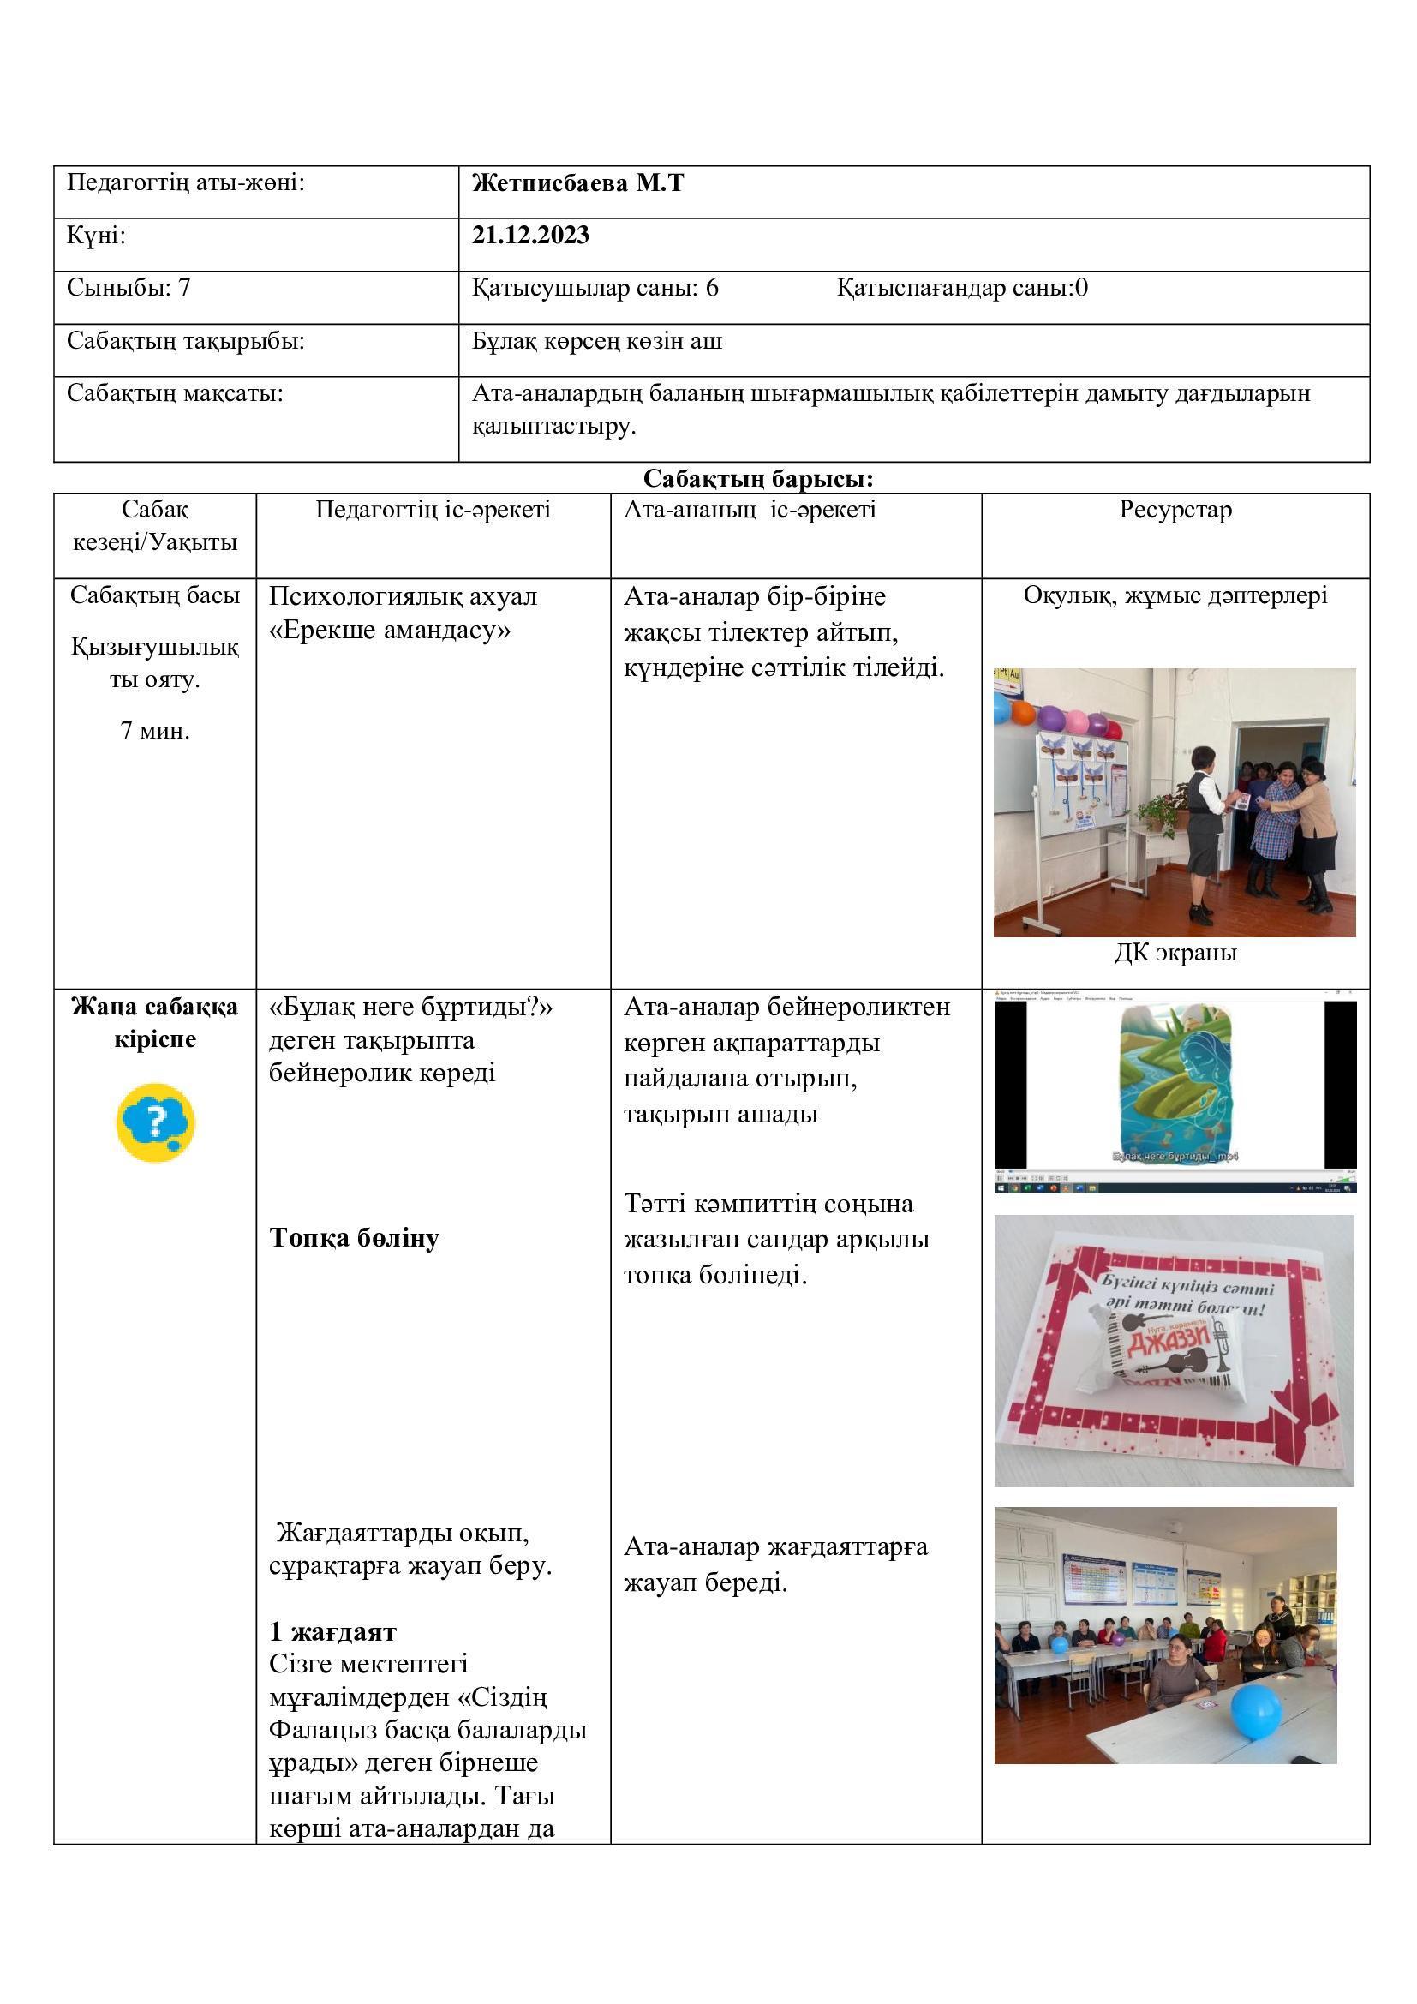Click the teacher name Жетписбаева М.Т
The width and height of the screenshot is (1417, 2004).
point(577,183)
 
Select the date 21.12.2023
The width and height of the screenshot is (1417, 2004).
point(530,235)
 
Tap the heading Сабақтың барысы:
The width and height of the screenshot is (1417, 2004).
point(758,478)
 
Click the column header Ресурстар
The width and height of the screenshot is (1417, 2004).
point(1175,510)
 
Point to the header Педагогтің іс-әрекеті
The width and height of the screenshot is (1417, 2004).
point(433,510)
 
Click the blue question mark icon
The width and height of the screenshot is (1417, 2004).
point(155,1122)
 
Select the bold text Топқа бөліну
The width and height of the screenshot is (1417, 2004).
point(355,1238)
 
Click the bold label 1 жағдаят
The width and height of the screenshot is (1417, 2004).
point(332,1631)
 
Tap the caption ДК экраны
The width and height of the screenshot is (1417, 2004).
point(1175,952)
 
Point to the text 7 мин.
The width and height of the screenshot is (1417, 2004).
point(155,731)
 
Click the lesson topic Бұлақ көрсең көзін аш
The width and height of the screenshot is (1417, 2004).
point(597,341)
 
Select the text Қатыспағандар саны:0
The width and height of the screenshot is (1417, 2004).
point(961,288)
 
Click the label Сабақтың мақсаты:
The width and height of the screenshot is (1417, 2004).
point(176,393)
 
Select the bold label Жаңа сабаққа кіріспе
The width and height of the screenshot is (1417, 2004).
point(155,1023)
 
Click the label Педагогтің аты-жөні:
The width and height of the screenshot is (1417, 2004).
point(186,183)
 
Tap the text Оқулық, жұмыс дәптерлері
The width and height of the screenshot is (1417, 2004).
point(1175,596)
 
